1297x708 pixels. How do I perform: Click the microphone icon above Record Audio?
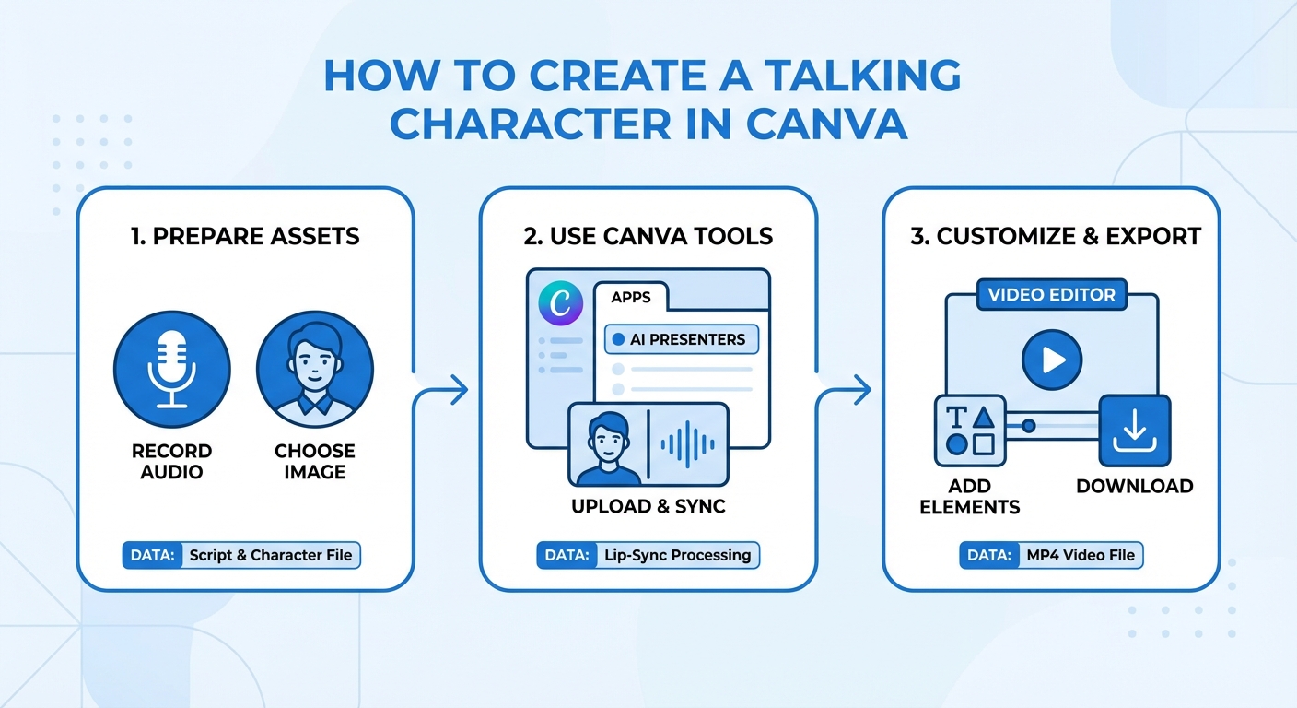point(171,371)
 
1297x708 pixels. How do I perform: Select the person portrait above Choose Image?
point(315,371)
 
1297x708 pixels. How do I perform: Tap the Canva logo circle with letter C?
point(560,305)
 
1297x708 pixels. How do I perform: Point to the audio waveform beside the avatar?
point(688,445)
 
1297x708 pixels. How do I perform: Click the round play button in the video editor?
point(1052,360)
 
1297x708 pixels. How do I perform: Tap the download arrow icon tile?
point(1134,431)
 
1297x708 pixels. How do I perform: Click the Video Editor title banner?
point(1051,295)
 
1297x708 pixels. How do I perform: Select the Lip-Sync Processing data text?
point(678,556)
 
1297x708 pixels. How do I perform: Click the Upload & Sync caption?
point(648,506)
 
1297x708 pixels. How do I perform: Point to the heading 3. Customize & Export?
point(1056,236)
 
